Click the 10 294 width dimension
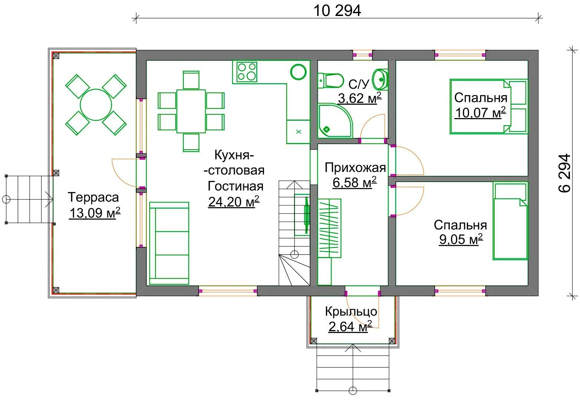click(337, 11)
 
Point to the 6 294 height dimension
click(564, 173)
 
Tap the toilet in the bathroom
click(330, 81)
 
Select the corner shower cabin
click(335, 121)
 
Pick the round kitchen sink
click(298, 72)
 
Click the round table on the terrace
click(96, 105)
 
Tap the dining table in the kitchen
click(191, 111)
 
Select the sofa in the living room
click(169, 243)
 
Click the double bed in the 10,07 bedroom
click(489, 107)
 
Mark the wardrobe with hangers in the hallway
click(329, 228)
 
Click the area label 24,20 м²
click(234, 202)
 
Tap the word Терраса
click(93, 197)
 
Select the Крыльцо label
click(351, 312)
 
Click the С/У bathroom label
click(359, 84)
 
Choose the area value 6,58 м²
click(355, 183)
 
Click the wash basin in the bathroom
click(380, 79)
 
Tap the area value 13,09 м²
click(95, 213)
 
